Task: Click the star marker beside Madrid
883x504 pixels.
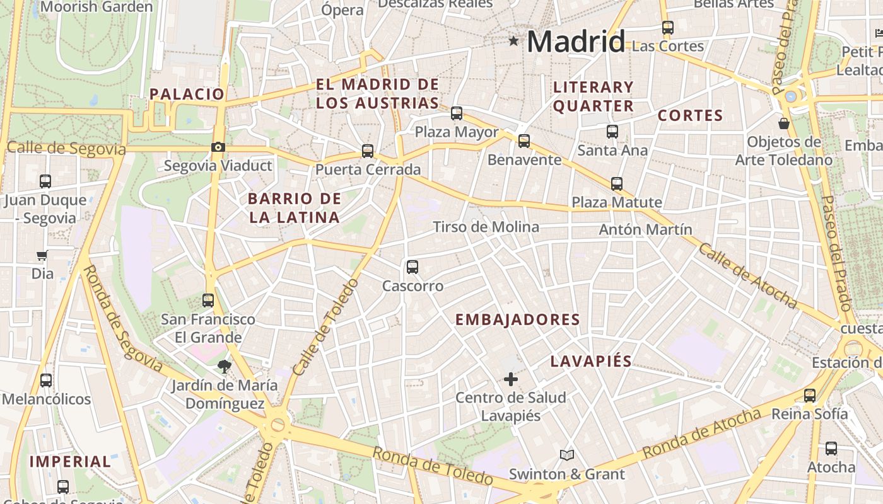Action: click(513, 42)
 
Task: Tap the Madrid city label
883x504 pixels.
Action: click(576, 42)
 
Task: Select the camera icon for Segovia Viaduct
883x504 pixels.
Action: click(218, 147)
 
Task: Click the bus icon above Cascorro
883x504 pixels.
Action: click(412, 267)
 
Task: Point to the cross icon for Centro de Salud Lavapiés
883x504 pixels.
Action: click(511, 379)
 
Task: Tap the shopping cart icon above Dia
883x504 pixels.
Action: click(42, 255)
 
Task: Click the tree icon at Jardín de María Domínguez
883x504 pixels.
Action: click(223, 367)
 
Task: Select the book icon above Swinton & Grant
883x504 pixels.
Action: click(566, 455)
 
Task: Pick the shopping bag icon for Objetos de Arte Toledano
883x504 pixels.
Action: click(784, 123)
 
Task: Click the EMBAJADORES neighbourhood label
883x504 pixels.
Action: click(517, 319)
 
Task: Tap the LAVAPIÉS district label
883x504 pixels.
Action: click(591, 361)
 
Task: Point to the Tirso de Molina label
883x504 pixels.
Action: click(486, 227)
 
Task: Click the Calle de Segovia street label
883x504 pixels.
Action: click(66, 149)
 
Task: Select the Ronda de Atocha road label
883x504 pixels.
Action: click(702, 434)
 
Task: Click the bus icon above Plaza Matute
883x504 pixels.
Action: click(617, 184)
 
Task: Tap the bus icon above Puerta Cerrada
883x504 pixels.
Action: click(368, 151)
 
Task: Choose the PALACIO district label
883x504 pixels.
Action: click(187, 94)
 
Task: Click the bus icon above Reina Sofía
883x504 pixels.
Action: click(810, 396)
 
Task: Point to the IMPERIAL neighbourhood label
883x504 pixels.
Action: click(70, 461)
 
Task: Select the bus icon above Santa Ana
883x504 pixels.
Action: click(612, 132)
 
